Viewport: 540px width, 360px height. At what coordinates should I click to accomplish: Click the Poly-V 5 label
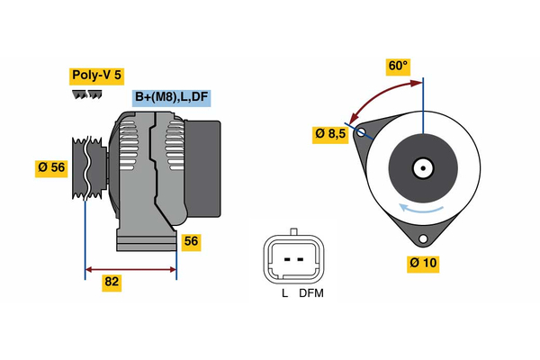coord(95,76)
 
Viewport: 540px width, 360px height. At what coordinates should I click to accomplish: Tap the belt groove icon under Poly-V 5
coord(84,95)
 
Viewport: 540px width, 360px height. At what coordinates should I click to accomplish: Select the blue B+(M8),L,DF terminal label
coord(171,98)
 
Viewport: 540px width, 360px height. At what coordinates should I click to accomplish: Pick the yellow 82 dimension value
coord(112,282)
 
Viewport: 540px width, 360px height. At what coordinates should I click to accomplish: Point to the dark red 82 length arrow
coord(130,268)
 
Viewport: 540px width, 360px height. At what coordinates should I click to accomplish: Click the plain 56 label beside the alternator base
coord(191,241)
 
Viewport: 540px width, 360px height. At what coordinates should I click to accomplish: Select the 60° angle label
coord(397,66)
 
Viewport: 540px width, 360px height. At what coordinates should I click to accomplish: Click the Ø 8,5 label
coord(329,134)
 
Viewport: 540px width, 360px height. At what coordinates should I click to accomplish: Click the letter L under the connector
coord(283,292)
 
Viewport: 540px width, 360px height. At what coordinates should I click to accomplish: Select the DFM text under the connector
coord(311,292)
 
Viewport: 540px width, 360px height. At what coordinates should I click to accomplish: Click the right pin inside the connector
coord(301,258)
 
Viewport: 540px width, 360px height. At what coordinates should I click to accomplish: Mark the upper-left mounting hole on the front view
coord(362,133)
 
